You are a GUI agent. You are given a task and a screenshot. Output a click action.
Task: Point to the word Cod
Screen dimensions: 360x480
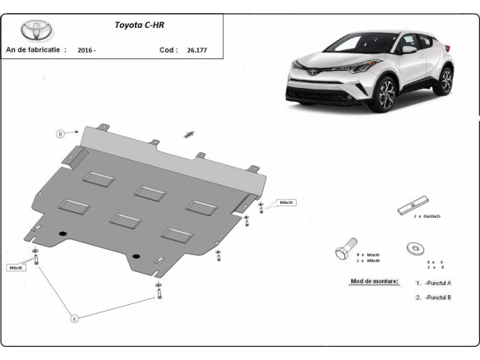(167, 50)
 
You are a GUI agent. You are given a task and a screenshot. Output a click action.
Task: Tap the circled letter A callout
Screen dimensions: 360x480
(73, 317)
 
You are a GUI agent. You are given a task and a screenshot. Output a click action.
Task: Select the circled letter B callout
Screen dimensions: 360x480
(60, 133)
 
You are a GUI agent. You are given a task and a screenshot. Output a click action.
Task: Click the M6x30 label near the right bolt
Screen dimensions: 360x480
(286, 201)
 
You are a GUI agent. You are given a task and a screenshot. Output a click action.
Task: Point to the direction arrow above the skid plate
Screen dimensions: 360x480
(188, 134)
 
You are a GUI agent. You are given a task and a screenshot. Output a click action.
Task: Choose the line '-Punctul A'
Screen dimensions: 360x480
(437, 283)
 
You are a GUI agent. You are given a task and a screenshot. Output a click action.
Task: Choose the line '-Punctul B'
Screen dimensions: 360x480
(437, 298)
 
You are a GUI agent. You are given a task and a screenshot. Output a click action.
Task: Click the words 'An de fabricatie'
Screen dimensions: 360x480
(35, 50)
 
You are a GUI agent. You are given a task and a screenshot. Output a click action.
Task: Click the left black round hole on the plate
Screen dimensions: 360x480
(62, 237)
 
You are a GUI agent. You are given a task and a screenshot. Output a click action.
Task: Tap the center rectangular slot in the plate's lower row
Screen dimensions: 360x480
(126, 219)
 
